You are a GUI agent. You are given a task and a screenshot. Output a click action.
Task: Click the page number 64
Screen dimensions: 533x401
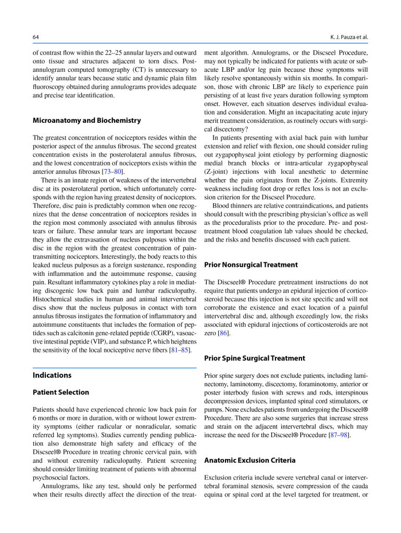[36, 37]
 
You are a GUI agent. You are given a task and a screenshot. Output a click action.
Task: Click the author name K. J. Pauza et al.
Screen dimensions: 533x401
[349, 37]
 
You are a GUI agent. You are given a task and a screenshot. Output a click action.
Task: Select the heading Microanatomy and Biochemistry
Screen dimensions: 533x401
[86, 120]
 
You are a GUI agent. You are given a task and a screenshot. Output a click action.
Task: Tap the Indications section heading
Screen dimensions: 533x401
[52, 375]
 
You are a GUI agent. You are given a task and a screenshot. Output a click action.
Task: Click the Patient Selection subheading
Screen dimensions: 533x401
[61, 392]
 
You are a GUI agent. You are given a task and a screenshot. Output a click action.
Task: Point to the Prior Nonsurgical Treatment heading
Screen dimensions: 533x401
[251, 264]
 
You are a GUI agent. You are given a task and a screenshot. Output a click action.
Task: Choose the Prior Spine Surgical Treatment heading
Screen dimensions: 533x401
[255, 358]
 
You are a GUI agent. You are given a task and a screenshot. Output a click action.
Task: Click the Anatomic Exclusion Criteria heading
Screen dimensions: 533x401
[249, 460]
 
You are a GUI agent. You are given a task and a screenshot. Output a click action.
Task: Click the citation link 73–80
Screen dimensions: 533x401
[113, 172]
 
